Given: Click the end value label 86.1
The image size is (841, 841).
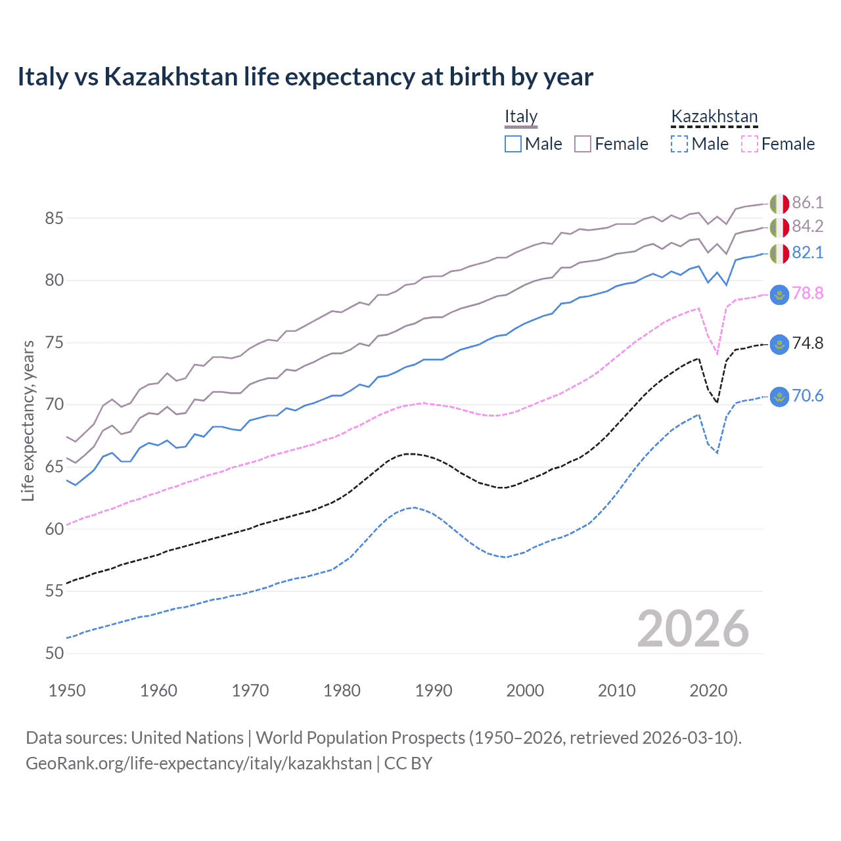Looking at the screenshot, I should click(807, 202).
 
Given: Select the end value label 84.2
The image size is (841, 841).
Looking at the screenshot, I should click(807, 227).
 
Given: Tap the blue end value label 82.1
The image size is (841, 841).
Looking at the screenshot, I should click(807, 253).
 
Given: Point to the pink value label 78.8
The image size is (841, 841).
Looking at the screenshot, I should click(807, 293).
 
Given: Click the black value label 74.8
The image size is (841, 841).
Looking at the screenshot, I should click(807, 344).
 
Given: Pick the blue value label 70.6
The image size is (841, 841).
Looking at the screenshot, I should click(807, 396).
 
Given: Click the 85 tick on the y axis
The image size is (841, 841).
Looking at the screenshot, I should click(55, 218).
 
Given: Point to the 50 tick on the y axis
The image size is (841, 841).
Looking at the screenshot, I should click(55, 653).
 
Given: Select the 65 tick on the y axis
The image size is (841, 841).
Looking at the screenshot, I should click(55, 467).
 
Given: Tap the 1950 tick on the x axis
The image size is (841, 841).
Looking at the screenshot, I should click(67, 691).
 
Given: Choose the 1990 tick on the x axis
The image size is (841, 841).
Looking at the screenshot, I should click(434, 691).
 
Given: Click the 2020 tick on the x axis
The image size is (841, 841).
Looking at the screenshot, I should click(708, 691).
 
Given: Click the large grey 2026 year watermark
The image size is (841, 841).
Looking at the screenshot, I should click(693, 629).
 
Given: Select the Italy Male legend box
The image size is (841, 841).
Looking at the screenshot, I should click(513, 144).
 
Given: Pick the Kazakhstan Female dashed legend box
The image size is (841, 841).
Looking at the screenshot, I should click(750, 144).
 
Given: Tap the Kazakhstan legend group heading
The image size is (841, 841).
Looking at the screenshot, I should click(714, 117).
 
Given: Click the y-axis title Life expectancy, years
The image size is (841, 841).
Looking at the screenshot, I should click(28, 420).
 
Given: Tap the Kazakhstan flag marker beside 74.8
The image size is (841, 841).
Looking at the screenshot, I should click(779, 344).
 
